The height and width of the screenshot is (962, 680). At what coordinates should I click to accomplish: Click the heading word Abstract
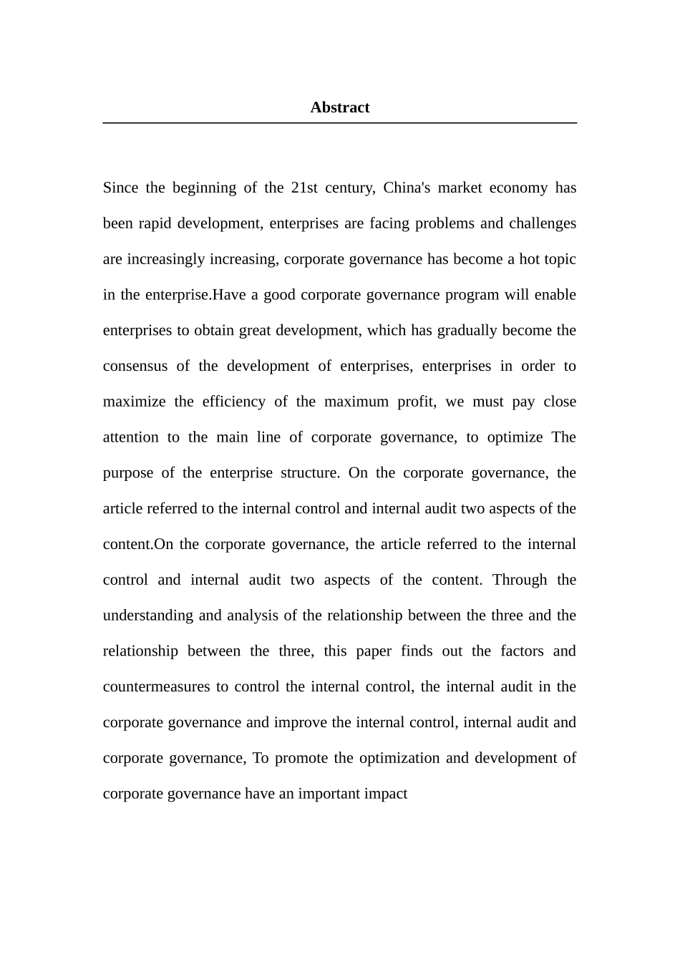[x=339, y=107]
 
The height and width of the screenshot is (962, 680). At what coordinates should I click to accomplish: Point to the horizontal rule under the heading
[x=339, y=123]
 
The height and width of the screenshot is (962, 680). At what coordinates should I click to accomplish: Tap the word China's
[x=407, y=188]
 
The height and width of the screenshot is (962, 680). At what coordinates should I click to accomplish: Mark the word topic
[x=560, y=259]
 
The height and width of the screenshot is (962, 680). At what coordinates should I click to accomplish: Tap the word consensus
[x=135, y=366]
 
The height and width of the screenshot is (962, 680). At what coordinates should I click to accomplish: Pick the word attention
[x=130, y=437]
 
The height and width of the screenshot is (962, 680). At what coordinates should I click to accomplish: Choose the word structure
[x=310, y=473]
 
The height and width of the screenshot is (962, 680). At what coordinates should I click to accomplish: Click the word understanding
[x=148, y=616]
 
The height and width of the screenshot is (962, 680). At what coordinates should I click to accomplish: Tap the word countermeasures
[x=156, y=687]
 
